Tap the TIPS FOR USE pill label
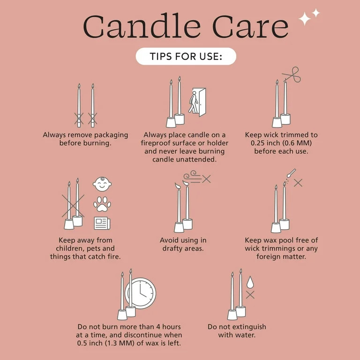(186, 57)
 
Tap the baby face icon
(102, 184)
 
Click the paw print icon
(102, 204)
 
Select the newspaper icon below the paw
(102, 223)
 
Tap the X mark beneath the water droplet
(250, 295)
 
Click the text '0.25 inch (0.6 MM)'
(281, 143)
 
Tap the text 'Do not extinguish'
(237, 327)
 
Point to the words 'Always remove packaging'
(85, 135)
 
